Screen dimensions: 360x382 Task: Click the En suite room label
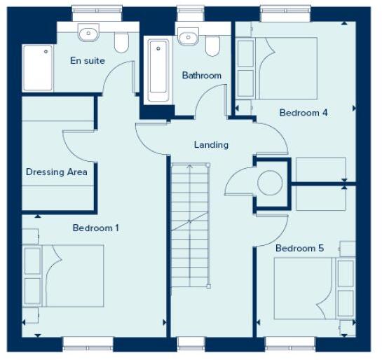(x=88, y=61)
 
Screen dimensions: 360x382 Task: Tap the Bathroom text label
(x=202, y=76)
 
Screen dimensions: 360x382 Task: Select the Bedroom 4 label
(x=303, y=113)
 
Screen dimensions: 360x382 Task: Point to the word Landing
(x=211, y=145)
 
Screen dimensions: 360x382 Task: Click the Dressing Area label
(x=56, y=172)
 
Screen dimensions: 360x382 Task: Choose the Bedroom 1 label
(x=96, y=228)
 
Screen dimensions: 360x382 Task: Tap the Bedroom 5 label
(x=299, y=249)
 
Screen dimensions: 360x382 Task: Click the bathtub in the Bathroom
(x=159, y=70)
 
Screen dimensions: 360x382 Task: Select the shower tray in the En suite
(x=38, y=69)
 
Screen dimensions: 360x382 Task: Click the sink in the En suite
(x=88, y=34)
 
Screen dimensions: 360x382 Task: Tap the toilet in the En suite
(x=121, y=43)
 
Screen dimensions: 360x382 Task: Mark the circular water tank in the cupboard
(x=270, y=184)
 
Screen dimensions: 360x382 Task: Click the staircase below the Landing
(x=190, y=224)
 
